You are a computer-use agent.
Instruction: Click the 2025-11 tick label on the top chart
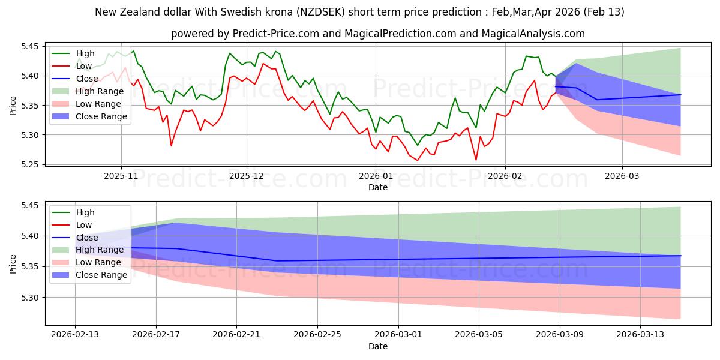(x=121, y=176)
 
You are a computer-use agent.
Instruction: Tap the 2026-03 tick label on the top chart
(x=622, y=176)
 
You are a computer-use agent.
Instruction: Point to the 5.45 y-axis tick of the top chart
(x=29, y=46)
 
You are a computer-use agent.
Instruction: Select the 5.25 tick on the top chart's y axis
(x=29, y=164)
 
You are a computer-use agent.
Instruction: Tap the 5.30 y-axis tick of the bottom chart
(x=29, y=298)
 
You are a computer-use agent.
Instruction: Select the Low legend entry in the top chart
(x=85, y=66)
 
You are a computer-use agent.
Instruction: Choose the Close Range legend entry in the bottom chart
(x=101, y=275)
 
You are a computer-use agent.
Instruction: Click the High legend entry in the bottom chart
(x=85, y=212)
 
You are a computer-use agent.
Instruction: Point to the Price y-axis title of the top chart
(x=13, y=106)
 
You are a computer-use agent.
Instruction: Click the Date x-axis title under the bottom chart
(x=377, y=346)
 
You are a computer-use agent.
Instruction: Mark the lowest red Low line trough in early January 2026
(x=418, y=160)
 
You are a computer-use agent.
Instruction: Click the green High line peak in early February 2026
(x=526, y=56)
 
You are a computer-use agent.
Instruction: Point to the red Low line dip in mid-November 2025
(x=171, y=145)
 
